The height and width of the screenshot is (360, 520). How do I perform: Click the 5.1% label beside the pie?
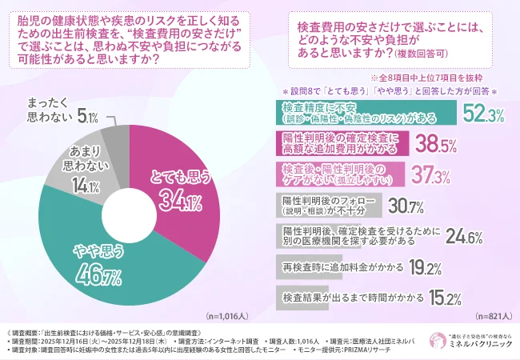point(88,118)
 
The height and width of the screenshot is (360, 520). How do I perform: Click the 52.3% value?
point(483,115)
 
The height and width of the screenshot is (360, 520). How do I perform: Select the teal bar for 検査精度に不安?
point(368,113)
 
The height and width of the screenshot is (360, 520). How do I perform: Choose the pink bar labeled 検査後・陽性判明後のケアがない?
point(341,173)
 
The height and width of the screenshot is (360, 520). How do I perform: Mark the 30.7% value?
point(405,205)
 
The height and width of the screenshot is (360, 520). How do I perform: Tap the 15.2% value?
point(442,298)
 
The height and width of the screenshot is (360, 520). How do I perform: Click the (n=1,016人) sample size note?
point(232,317)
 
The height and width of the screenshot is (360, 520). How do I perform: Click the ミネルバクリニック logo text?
point(481,343)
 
